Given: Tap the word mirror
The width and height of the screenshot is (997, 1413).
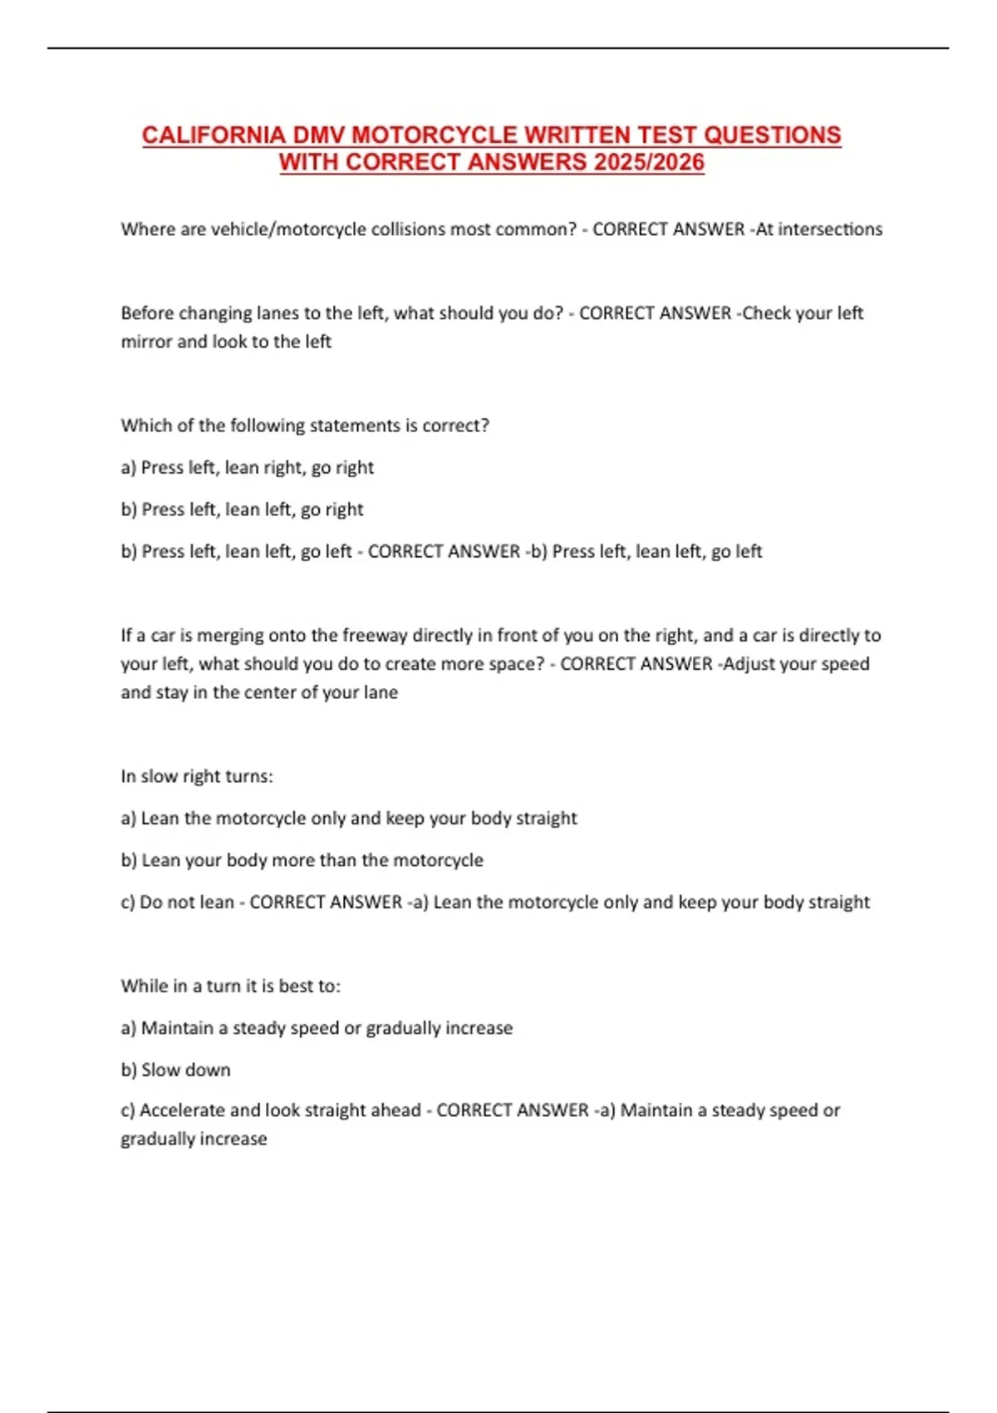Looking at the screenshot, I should click(146, 342).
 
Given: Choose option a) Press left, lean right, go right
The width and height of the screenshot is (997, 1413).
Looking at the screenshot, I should click(248, 468).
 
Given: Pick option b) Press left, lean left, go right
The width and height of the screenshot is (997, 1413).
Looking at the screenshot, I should click(243, 510).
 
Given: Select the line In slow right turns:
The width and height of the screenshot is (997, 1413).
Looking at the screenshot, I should click(197, 776).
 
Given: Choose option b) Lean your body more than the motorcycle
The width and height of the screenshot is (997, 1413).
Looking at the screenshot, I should click(302, 860).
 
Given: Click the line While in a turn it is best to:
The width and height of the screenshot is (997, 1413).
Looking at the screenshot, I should click(231, 987).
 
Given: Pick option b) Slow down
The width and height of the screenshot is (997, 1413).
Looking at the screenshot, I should click(176, 1071).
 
